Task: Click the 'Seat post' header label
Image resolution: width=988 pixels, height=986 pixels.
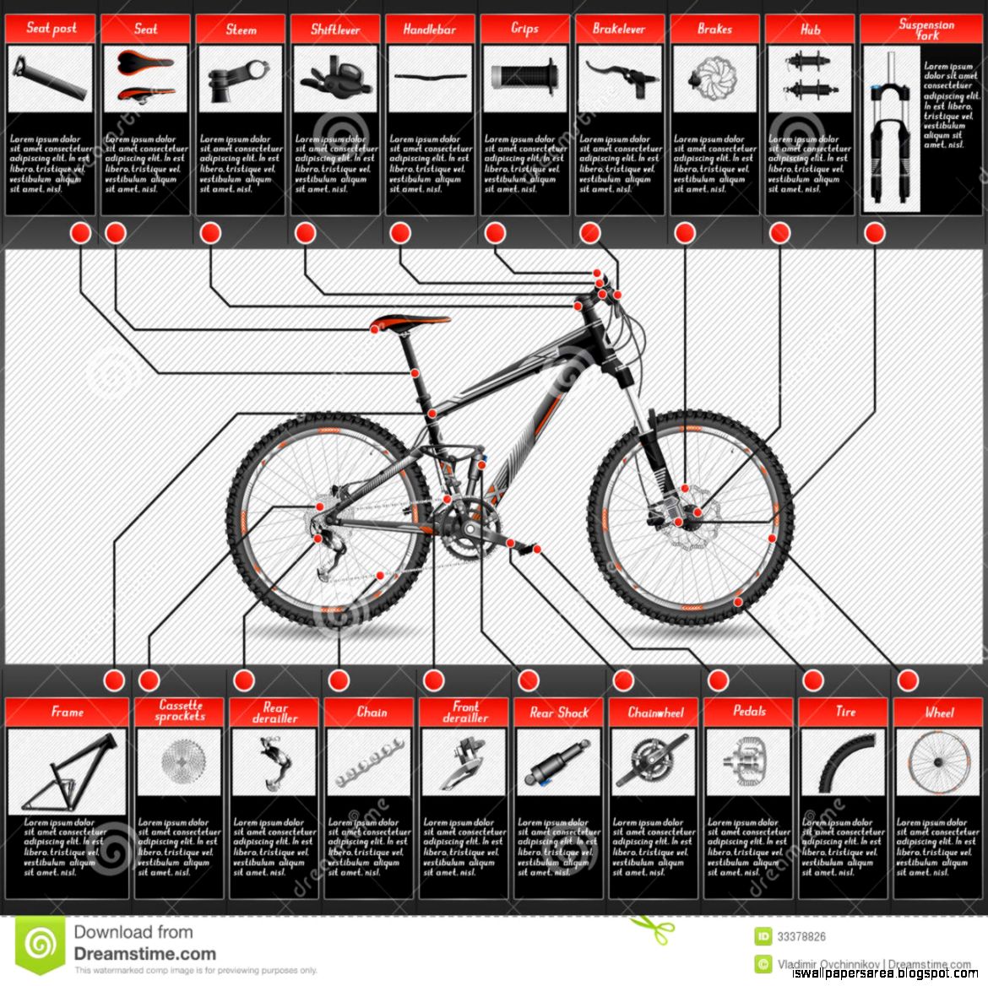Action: click(51, 28)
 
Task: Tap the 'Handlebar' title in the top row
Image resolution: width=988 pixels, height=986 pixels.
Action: click(429, 29)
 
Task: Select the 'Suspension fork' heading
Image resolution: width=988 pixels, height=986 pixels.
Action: click(926, 30)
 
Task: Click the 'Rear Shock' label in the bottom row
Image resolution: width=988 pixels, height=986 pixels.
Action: click(559, 712)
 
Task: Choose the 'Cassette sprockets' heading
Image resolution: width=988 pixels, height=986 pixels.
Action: click(181, 711)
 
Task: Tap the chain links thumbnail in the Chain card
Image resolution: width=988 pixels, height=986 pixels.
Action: click(369, 762)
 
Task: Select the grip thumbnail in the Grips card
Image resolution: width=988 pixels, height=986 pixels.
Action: click(524, 78)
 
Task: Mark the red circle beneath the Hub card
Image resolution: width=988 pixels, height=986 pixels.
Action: click(779, 233)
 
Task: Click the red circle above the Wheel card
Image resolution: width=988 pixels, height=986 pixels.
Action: click(908, 680)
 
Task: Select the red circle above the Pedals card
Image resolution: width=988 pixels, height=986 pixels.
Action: click(718, 680)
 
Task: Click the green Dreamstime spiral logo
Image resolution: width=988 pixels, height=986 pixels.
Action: click(39, 944)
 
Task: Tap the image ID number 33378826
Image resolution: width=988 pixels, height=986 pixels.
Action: click(801, 936)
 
